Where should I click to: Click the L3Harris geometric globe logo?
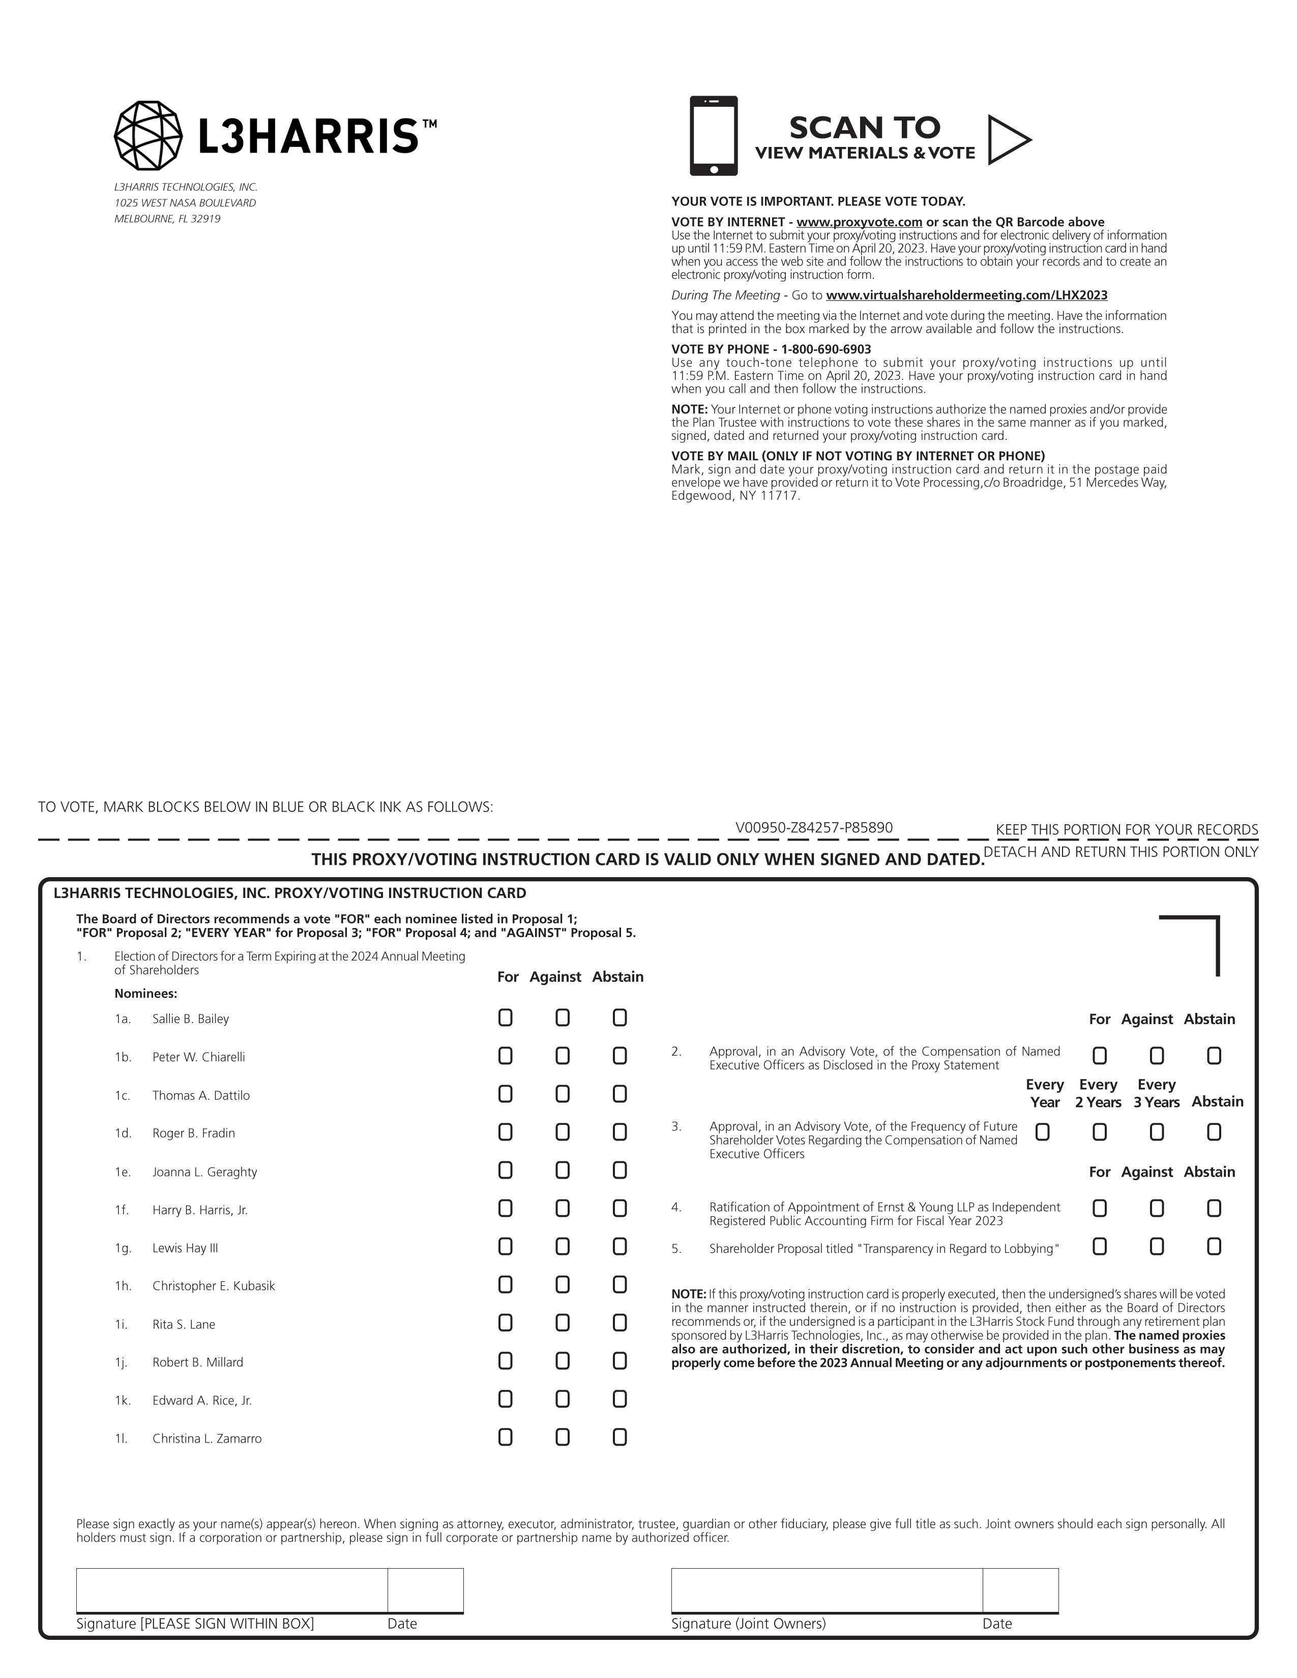(x=149, y=135)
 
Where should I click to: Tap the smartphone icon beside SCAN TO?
(x=713, y=136)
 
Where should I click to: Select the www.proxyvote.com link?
(x=859, y=222)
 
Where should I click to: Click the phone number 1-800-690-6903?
(x=826, y=349)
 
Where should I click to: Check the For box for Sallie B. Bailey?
(x=505, y=1017)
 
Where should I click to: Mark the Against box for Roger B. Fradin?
(x=563, y=1132)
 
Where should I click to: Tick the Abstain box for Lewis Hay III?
(x=620, y=1246)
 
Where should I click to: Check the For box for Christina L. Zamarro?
(x=505, y=1437)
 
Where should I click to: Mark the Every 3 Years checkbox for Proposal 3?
(x=1157, y=1132)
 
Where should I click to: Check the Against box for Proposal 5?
(x=1157, y=1246)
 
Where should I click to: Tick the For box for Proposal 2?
(x=1100, y=1056)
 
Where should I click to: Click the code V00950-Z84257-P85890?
(x=814, y=827)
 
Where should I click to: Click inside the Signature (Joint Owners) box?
(x=826, y=1590)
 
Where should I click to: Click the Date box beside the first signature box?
(x=425, y=1590)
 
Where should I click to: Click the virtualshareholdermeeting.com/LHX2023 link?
(x=966, y=295)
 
